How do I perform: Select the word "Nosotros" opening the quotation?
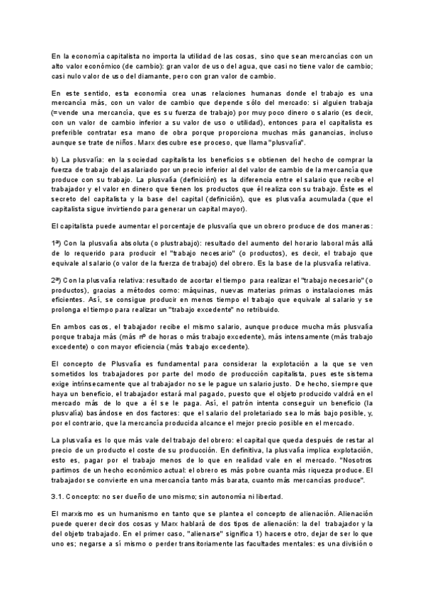coord(348,460)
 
